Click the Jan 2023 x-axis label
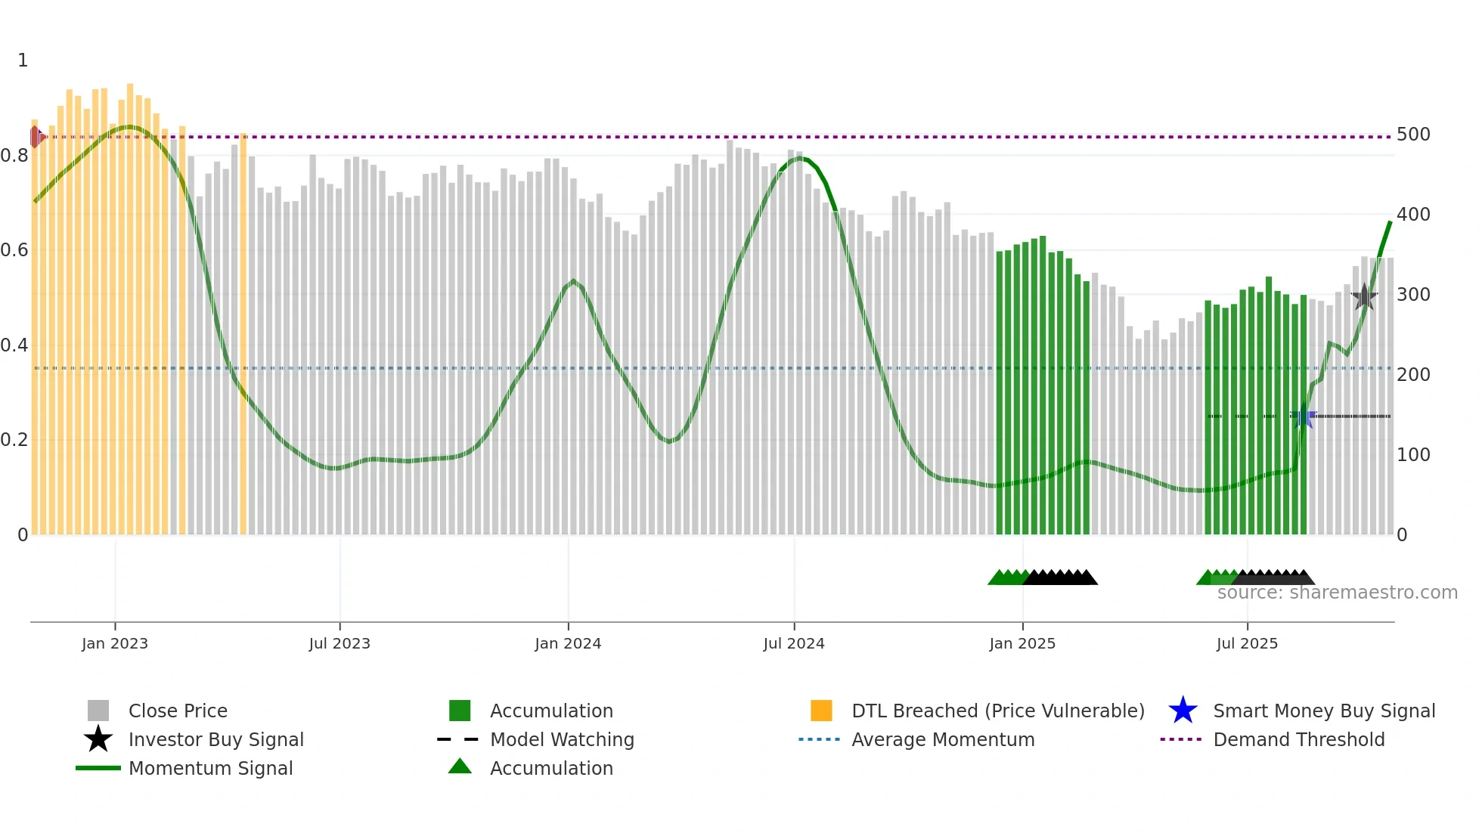coord(115,644)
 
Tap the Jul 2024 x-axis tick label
coord(794,644)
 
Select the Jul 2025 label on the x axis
coord(1247,644)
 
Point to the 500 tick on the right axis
coord(1413,135)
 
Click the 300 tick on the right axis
coord(1413,295)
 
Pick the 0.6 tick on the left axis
coord(14,250)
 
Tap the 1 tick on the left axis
coord(23,60)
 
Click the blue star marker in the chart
coord(1303,416)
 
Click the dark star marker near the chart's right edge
coord(1364,297)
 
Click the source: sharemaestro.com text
coord(1337,593)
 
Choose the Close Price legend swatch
coord(98,711)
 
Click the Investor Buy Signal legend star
coord(98,739)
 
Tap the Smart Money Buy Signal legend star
coord(1183,711)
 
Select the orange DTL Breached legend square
coord(821,711)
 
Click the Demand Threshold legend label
coord(1298,739)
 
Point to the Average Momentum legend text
coord(943,739)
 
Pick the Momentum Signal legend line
coord(98,768)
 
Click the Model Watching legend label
coord(562,739)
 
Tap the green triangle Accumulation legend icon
coord(460,766)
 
